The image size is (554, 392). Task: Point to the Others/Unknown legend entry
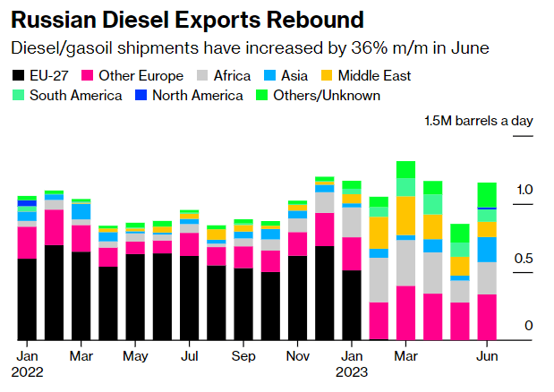(318, 96)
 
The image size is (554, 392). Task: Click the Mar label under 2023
(405, 355)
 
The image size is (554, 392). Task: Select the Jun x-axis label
(487, 355)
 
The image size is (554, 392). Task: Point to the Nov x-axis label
(298, 355)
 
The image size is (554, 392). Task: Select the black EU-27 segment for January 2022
(27, 300)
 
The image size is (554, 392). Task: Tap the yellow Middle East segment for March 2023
(405, 216)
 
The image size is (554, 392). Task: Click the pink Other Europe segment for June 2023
(487, 318)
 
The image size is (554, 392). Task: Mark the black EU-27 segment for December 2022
(325, 294)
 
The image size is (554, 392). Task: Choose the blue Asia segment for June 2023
(487, 250)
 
